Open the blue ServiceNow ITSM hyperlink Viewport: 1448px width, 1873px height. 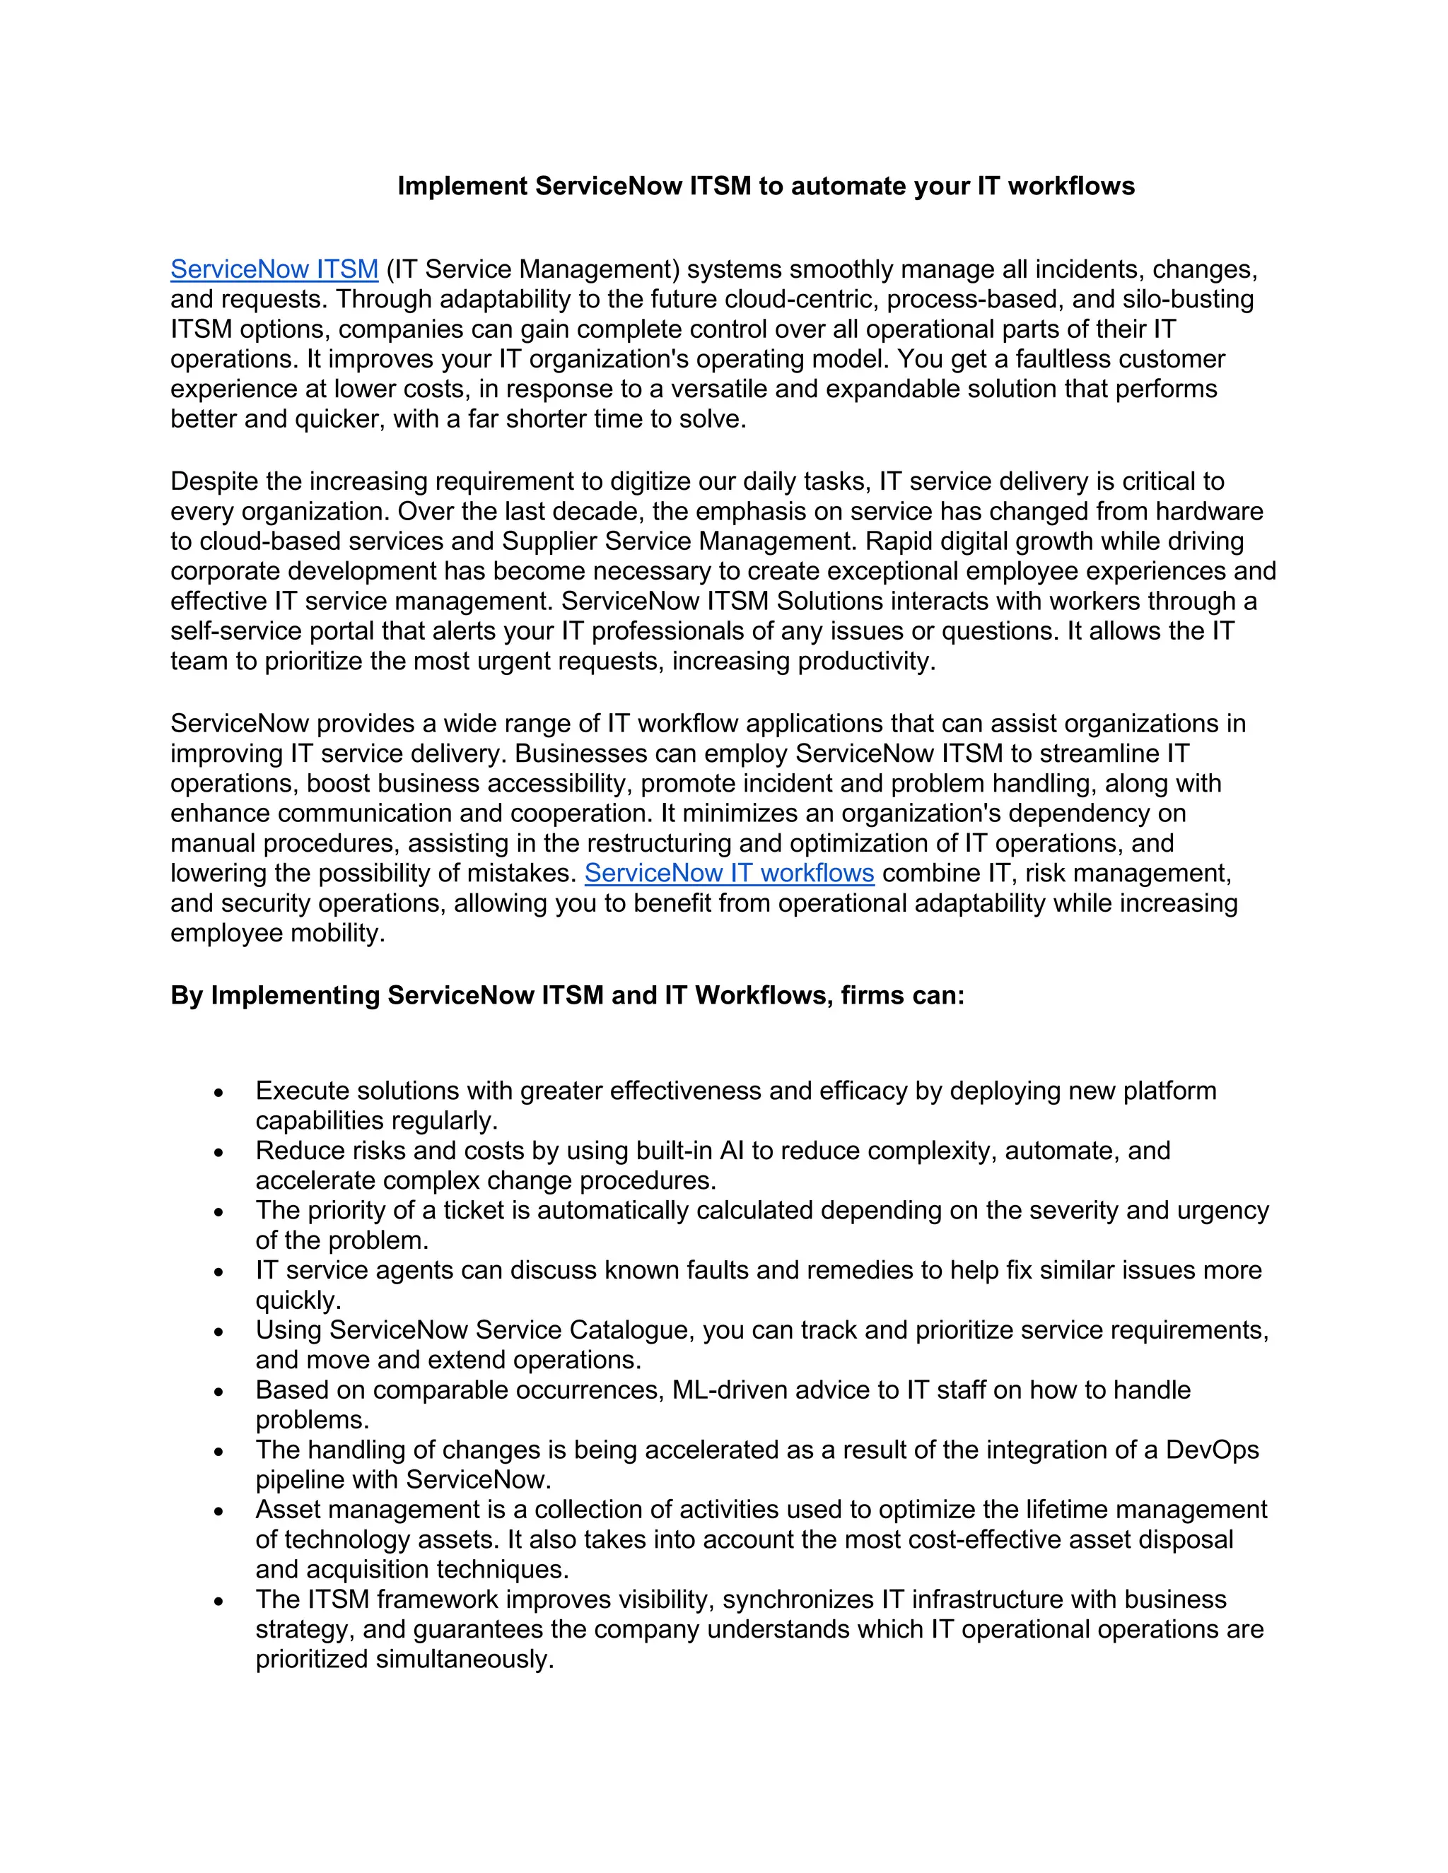[274, 269]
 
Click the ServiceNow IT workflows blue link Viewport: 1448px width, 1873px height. [729, 873]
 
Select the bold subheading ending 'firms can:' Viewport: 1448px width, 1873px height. [567, 995]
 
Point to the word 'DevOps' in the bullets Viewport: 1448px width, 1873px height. [1211, 1450]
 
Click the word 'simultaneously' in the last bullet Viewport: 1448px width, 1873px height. [464, 1660]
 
